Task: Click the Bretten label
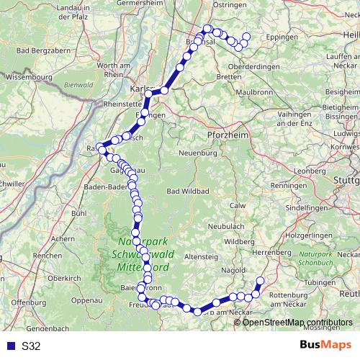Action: [228, 76]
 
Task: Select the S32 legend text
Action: [31, 346]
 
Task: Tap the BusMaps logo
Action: [325, 346]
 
